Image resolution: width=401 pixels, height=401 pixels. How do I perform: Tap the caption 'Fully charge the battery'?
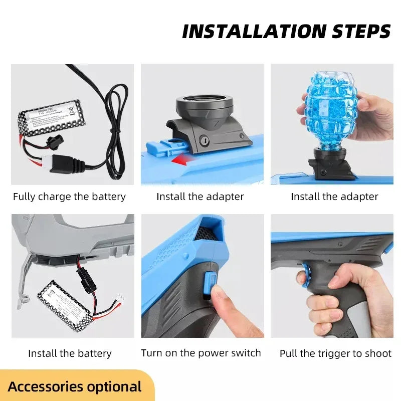coord(69,196)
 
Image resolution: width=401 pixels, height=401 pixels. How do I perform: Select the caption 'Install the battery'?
coord(70,353)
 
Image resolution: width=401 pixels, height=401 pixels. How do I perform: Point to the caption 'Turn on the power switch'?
coord(201,353)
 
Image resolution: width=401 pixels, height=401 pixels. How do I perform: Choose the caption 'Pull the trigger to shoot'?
coord(335,353)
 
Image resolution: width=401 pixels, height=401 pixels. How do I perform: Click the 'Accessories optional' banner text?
coord(75,386)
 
